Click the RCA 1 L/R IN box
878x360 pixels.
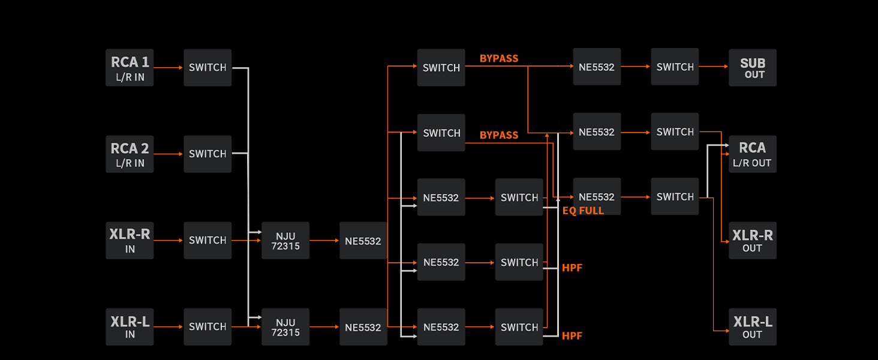130,68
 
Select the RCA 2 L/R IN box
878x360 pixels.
130,154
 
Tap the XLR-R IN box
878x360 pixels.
130,241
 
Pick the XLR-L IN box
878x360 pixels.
130,327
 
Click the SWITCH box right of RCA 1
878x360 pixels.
208,68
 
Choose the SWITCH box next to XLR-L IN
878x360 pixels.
208,327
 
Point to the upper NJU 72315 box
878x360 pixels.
285,241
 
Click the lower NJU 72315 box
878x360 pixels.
285,327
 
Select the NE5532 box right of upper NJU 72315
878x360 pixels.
363,241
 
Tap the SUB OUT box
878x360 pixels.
753,68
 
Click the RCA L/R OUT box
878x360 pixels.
753,154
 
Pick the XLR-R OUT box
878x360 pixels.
753,241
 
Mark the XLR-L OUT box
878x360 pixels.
753,327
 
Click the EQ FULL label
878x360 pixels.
583,211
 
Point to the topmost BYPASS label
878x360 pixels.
499,58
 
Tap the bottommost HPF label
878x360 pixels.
572,336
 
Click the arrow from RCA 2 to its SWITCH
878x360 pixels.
169,154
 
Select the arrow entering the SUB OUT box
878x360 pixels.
714,67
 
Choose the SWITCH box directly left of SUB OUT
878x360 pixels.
675,67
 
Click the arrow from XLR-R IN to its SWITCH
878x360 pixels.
169,241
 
